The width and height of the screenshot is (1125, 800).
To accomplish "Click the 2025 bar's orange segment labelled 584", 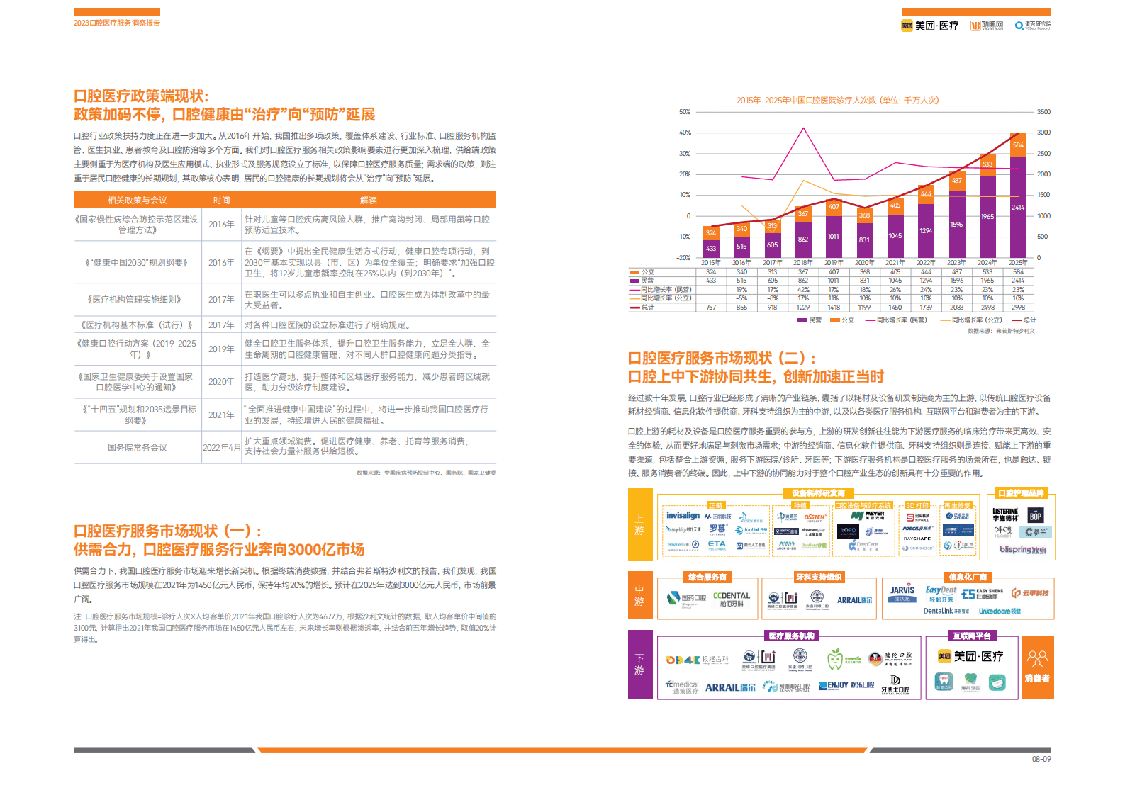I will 1018,145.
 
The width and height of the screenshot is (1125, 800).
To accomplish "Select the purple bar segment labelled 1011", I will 834,237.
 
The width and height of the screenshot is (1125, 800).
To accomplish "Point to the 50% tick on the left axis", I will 685,112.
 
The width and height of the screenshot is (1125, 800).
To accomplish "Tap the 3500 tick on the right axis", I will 1043,112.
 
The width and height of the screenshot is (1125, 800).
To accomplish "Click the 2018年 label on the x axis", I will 803,263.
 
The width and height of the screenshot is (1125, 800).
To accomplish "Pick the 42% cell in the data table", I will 803,290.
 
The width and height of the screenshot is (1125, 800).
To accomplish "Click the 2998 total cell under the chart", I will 1018,308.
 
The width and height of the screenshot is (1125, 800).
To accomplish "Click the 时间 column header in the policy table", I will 221,201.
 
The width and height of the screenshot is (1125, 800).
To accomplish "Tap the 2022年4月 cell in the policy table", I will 221,448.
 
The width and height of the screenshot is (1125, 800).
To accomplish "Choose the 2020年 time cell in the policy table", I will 221,382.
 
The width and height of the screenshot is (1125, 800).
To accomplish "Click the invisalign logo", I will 683,516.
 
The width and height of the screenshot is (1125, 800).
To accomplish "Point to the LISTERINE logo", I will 1005,512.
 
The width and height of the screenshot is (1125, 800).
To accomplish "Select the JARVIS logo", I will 902,590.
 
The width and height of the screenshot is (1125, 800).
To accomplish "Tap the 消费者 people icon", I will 1037,659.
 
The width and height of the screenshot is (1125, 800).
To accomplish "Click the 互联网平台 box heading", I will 972,636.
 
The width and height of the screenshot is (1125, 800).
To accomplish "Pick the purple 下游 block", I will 639,665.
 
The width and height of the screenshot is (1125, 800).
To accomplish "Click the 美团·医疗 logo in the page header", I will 930,26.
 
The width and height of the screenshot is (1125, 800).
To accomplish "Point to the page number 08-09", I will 1041,760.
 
